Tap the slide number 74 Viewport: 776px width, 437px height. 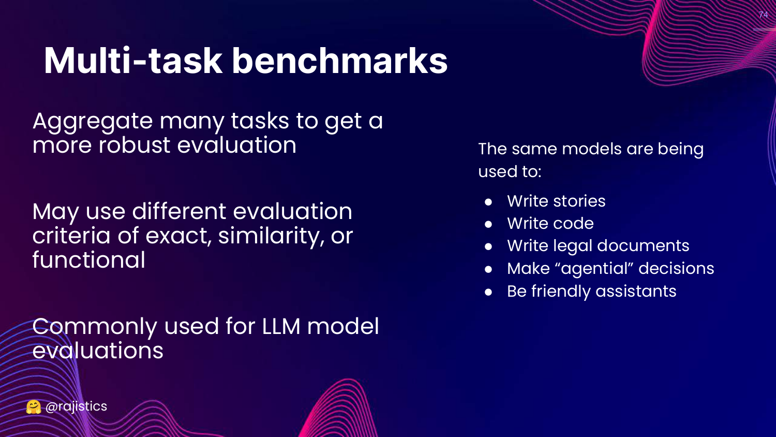pos(763,14)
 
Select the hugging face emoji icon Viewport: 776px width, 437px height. pos(33,407)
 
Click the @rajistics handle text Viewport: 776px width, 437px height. pos(76,406)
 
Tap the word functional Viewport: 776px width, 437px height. pos(88,260)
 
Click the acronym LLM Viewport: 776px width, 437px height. pos(281,326)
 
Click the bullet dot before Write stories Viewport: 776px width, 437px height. pos(488,202)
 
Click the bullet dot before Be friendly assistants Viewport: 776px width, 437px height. pos(488,292)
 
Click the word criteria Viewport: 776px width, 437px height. pos(71,236)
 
